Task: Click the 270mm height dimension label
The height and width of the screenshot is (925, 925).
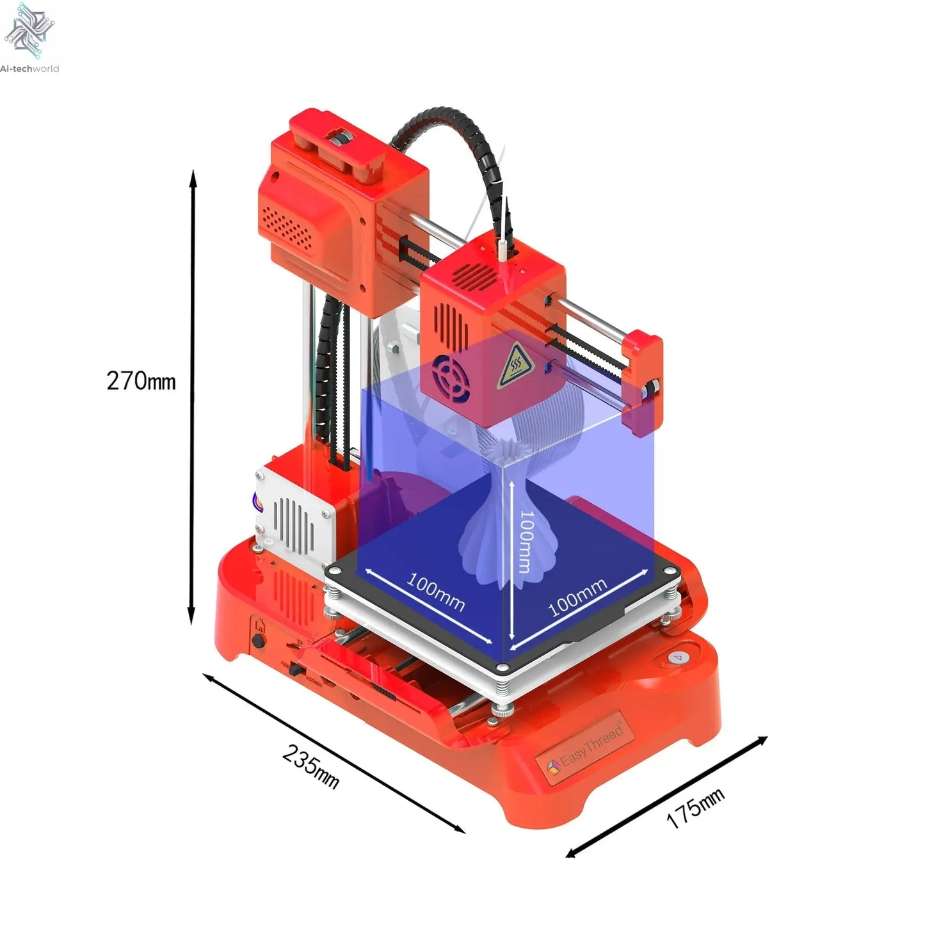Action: pos(141,381)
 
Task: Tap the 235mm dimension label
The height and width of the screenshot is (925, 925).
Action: pos(310,766)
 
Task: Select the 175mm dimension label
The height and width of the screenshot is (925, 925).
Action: pos(695,808)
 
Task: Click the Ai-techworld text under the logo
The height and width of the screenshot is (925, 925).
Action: pos(29,68)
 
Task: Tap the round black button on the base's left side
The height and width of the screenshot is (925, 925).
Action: pos(259,640)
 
